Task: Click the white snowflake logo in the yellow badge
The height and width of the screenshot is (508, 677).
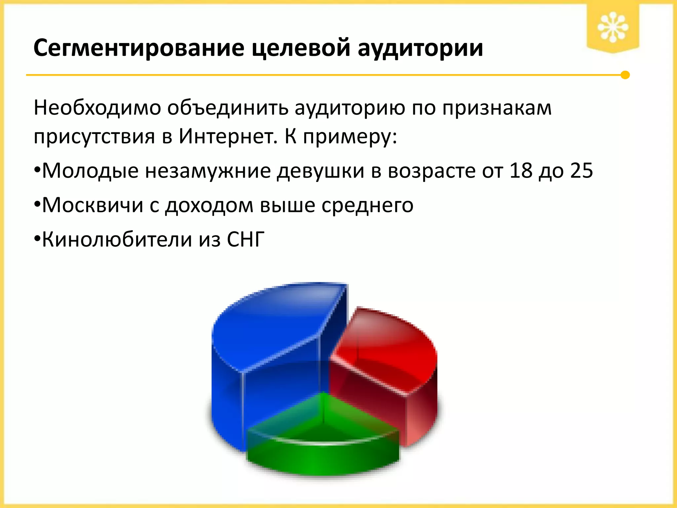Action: [613, 27]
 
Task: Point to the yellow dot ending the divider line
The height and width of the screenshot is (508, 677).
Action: [625, 75]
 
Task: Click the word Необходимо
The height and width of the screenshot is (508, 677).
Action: [97, 108]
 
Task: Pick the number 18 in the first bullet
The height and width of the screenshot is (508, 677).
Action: [520, 171]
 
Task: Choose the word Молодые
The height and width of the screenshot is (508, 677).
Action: [90, 171]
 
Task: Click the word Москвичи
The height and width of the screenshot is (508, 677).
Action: [93, 205]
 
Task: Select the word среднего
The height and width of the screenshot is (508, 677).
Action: [367, 206]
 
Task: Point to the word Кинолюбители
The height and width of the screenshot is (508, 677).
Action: [117, 239]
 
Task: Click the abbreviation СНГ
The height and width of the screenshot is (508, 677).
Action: [246, 239]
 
